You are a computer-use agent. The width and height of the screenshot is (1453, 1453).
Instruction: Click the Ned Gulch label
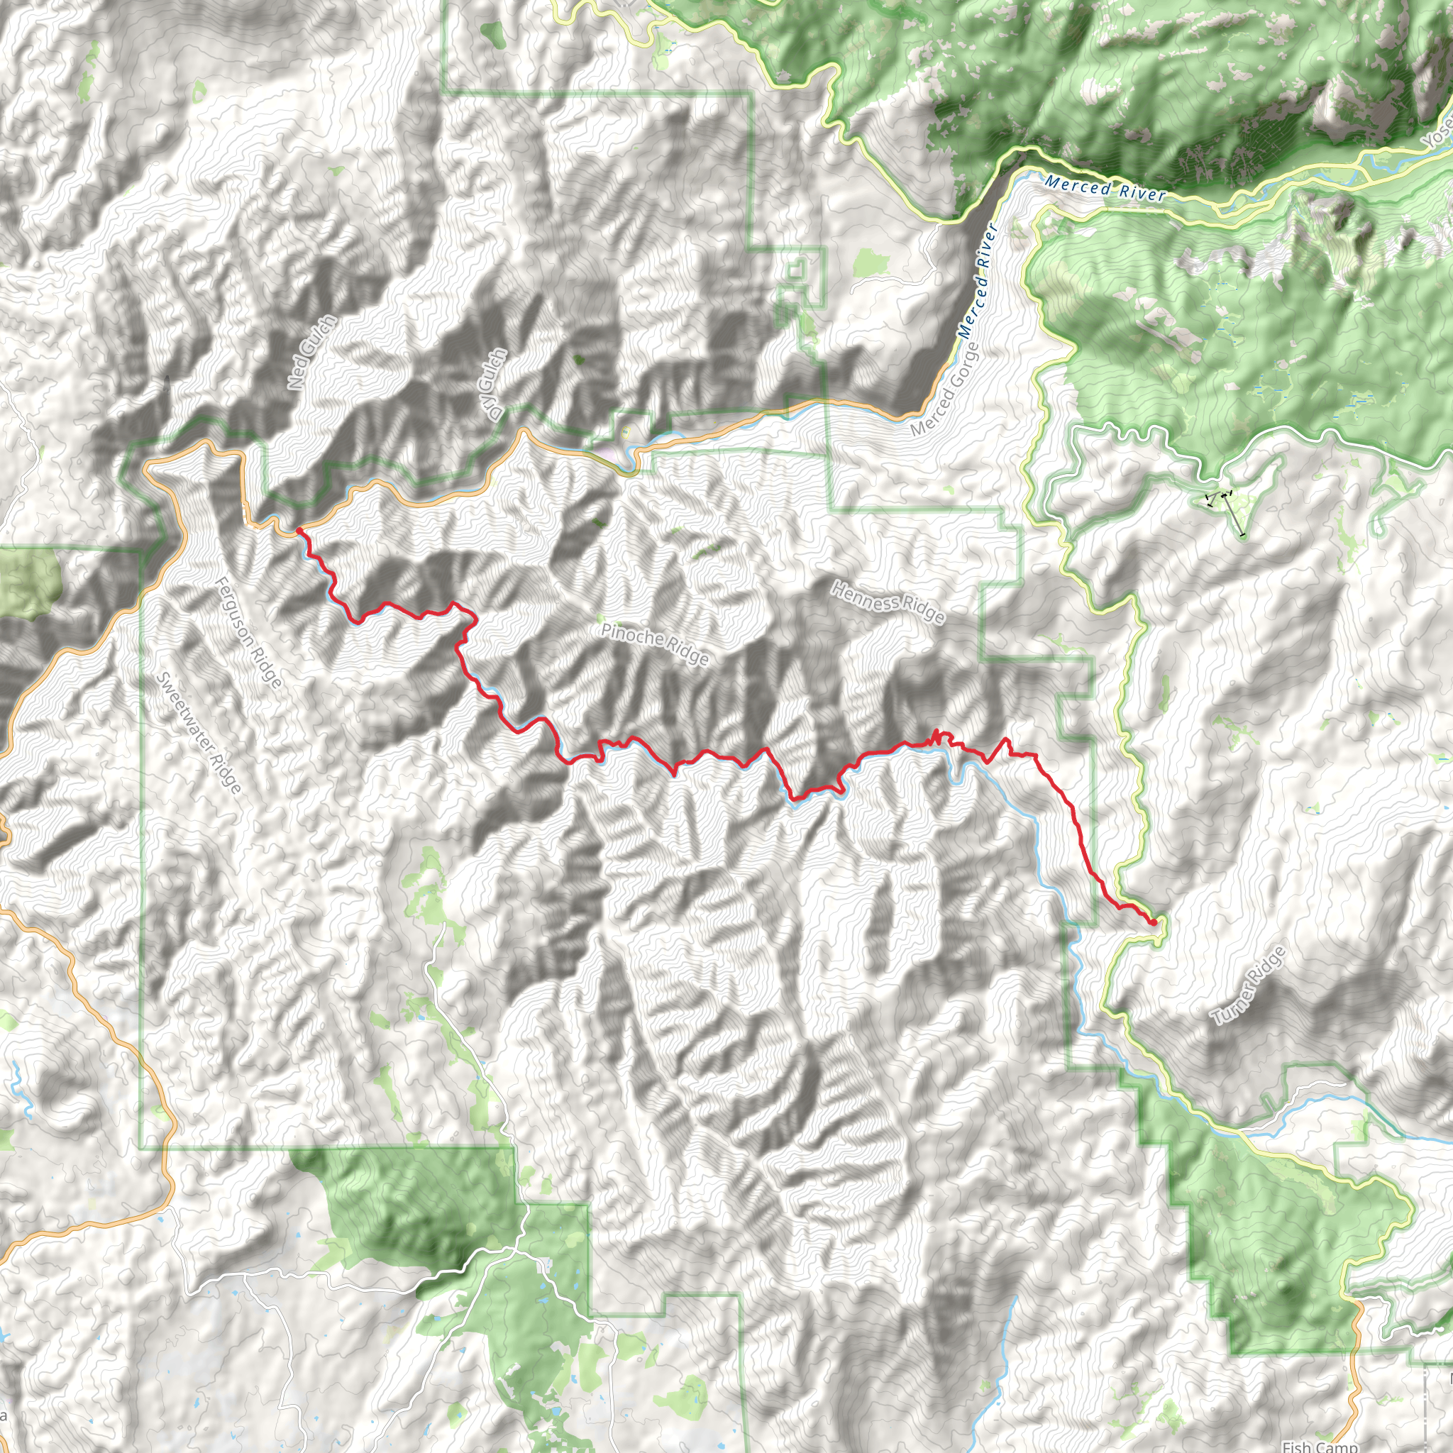pos(311,352)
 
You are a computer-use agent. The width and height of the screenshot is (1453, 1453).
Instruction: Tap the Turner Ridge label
pos(1249,986)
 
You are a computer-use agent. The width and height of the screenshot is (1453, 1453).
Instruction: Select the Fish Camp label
pos(1320,1445)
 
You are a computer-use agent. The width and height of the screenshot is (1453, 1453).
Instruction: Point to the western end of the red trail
pos(299,530)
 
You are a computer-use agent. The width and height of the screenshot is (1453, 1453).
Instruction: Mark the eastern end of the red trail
pos(1153,922)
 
